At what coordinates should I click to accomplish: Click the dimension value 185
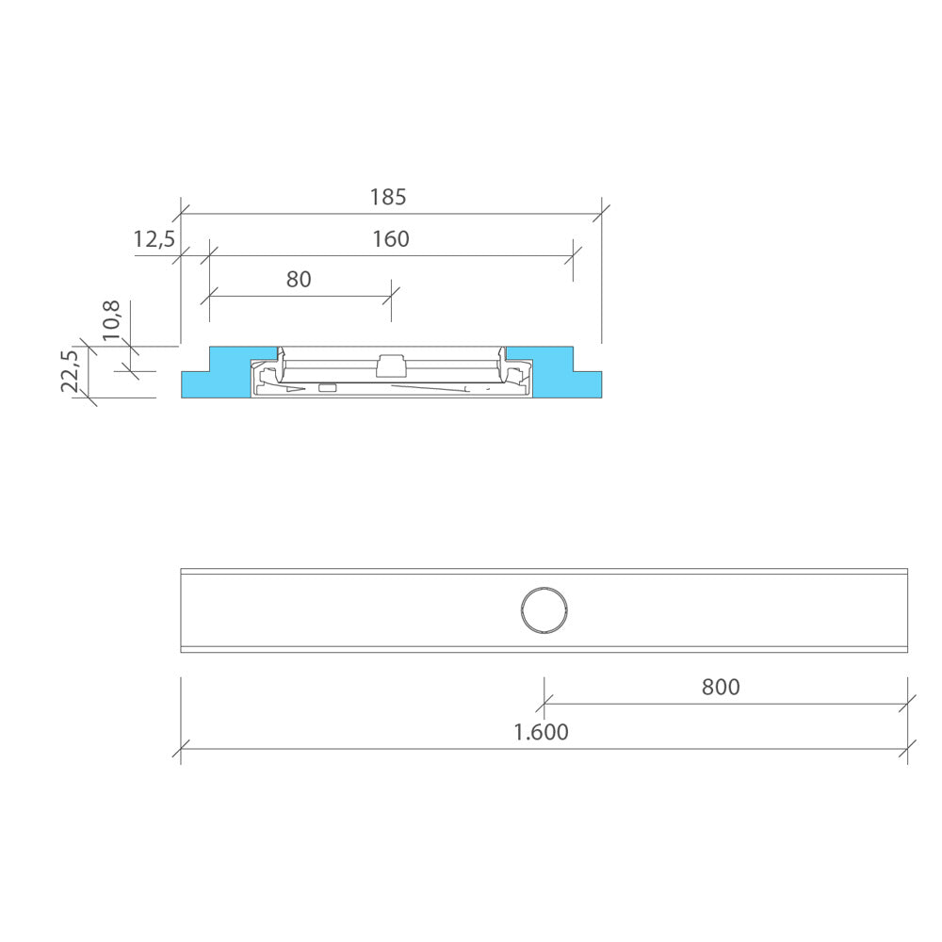tap(387, 198)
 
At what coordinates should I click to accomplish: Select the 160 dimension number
tap(390, 239)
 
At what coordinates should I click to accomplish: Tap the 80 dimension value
tap(299, 280)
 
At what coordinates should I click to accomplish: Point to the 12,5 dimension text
tap(154, 239)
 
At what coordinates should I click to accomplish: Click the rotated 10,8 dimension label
tap(111, 320)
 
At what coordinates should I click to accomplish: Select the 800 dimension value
tap(721, 688)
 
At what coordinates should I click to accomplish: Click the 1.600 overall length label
tap(541, 733)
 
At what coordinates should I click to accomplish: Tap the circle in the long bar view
tap(544, 609)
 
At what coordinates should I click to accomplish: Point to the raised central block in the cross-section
tap(390, 365)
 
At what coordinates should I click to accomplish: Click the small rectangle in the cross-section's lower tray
tap(328, 388)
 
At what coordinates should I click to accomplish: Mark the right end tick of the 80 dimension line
tap(391, 295)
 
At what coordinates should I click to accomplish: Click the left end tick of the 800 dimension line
tap(544, 704)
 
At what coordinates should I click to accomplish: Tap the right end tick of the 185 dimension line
tap(601, 213)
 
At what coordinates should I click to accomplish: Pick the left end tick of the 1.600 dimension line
tap(181, 750)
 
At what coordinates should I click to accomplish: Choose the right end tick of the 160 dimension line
tap(572, 254)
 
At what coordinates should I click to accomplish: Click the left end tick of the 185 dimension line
tap(181, 213)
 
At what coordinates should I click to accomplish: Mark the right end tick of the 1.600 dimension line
tap(907, 750)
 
